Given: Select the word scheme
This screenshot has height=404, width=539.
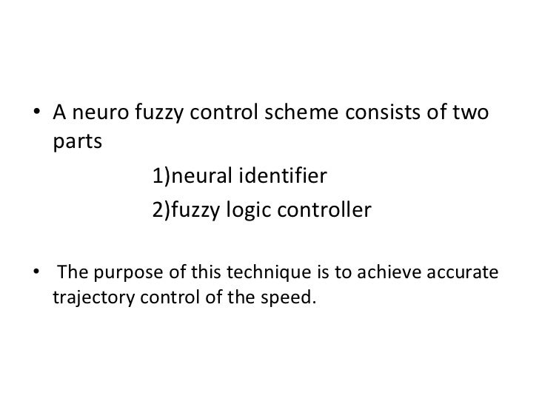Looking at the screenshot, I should [306, 116].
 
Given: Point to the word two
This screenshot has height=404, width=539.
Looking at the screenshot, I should [473, 116].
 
